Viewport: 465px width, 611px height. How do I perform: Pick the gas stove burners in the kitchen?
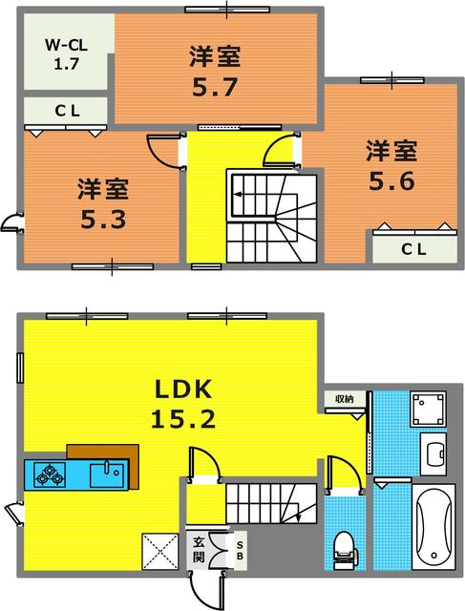(x=50, y=473)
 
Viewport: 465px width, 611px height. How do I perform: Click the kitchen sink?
(x=104, y=472)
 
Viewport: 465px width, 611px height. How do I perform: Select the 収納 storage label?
(x=344, y=399)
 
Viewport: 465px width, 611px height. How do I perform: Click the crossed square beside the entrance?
(x=159, y=551)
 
